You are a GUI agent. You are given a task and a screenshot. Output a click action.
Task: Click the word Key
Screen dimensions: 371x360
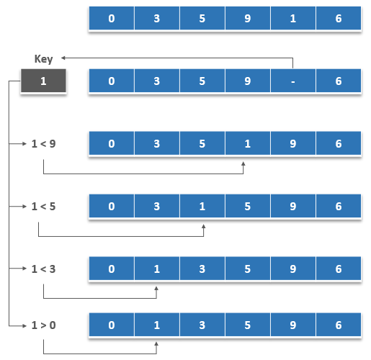43,59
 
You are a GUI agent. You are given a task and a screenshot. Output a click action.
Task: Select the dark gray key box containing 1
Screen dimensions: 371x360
43,81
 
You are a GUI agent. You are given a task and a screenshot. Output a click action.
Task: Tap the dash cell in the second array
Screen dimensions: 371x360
293,81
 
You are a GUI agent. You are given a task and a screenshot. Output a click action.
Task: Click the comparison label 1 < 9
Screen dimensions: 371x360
43,143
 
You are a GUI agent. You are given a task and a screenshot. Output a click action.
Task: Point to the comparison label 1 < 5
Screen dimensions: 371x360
43,206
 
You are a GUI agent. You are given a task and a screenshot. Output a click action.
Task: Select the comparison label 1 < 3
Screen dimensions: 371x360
43,269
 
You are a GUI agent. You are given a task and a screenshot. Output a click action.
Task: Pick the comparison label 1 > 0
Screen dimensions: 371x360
43,325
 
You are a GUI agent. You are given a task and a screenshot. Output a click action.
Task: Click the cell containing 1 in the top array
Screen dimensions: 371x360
293,18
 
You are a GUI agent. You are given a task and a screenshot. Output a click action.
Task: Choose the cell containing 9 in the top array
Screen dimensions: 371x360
248,18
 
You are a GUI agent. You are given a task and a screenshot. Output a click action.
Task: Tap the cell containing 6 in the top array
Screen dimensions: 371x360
339,18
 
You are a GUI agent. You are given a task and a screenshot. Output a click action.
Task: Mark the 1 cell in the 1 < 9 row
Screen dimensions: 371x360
248,143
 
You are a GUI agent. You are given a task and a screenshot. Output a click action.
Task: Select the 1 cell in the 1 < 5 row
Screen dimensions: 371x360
202,206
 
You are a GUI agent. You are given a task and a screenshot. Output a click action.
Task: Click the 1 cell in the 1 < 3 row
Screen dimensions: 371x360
157,269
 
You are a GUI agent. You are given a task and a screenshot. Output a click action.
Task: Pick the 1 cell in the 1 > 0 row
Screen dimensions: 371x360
157,325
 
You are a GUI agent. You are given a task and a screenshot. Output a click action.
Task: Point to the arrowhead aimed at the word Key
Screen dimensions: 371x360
63,58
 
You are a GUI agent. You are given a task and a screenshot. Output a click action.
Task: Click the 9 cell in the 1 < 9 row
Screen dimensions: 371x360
293,143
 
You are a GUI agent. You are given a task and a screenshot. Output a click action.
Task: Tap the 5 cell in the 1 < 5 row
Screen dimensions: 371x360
248,206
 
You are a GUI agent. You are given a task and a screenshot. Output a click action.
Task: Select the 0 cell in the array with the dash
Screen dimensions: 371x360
112,81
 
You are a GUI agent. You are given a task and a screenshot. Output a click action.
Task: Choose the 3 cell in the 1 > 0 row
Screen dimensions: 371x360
202,325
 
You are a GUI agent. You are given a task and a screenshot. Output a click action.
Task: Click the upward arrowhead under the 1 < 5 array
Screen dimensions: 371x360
204,226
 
